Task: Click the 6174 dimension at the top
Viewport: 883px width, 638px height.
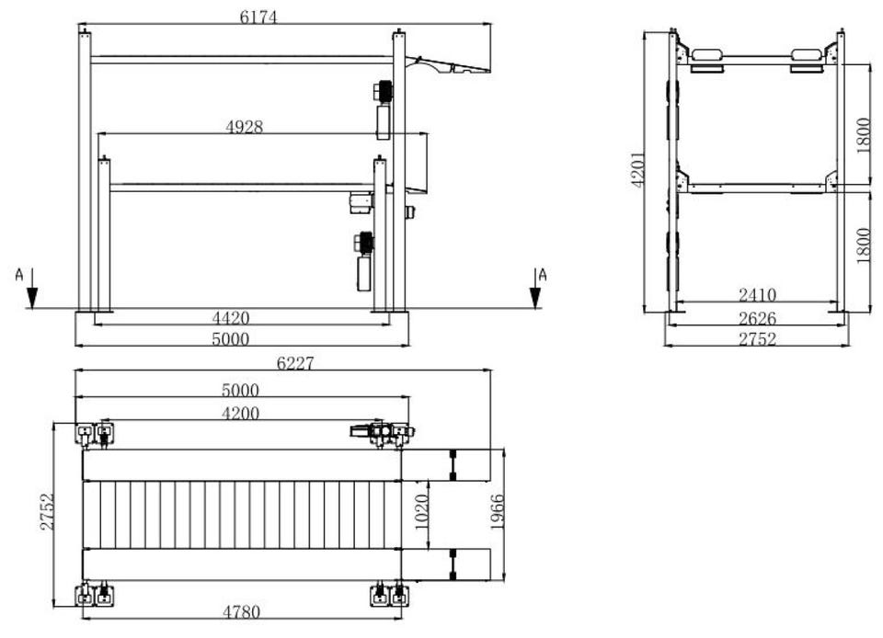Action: click(258, 17)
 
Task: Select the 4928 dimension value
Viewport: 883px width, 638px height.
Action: click(245, 127)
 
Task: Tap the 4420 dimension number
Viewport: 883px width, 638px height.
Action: click(231, 318)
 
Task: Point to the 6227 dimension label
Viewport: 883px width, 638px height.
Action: click(295, 363)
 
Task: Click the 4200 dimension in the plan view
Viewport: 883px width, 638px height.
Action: click(240, 414)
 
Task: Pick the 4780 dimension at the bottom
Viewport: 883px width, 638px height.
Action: click(242, 611)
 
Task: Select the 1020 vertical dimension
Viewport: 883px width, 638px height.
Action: click(422, 512)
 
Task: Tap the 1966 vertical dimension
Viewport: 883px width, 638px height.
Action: click(498, 512)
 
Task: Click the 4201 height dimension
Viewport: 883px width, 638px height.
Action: click(637, 170)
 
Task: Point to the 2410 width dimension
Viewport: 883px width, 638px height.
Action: click(757, 295)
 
